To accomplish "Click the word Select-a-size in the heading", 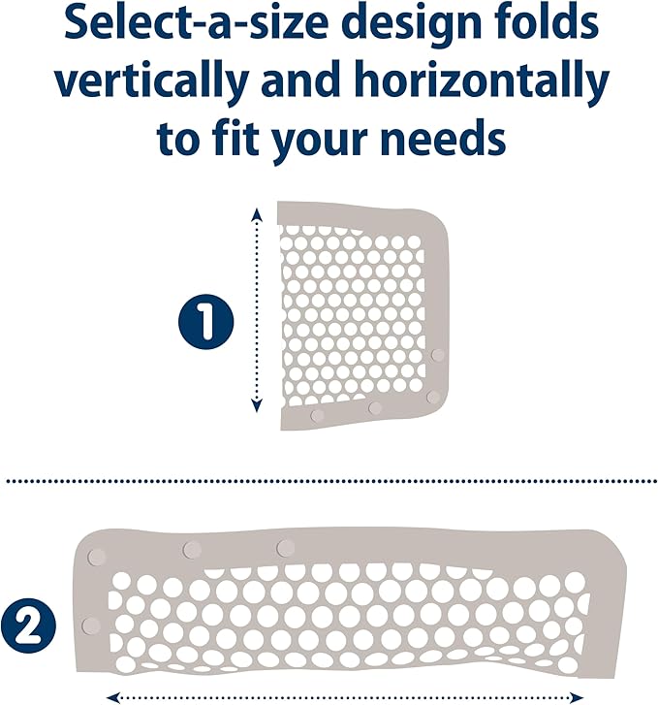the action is coord(197,22).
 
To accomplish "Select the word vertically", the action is coord(151,83).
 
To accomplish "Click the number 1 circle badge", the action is coord(206,322).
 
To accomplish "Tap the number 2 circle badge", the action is coord(28,625).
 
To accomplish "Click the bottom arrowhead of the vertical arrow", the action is coord(256,406).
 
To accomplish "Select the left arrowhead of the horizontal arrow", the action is coord(112,698).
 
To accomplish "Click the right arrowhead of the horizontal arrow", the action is coord(575,698).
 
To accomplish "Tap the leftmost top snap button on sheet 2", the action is coord(97,557).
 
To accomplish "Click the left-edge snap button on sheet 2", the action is coord(91,625).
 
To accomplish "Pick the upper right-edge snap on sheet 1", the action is coord(438,355).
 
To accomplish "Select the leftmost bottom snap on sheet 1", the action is coord(317,415).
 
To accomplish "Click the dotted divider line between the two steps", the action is coord(331,481).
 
